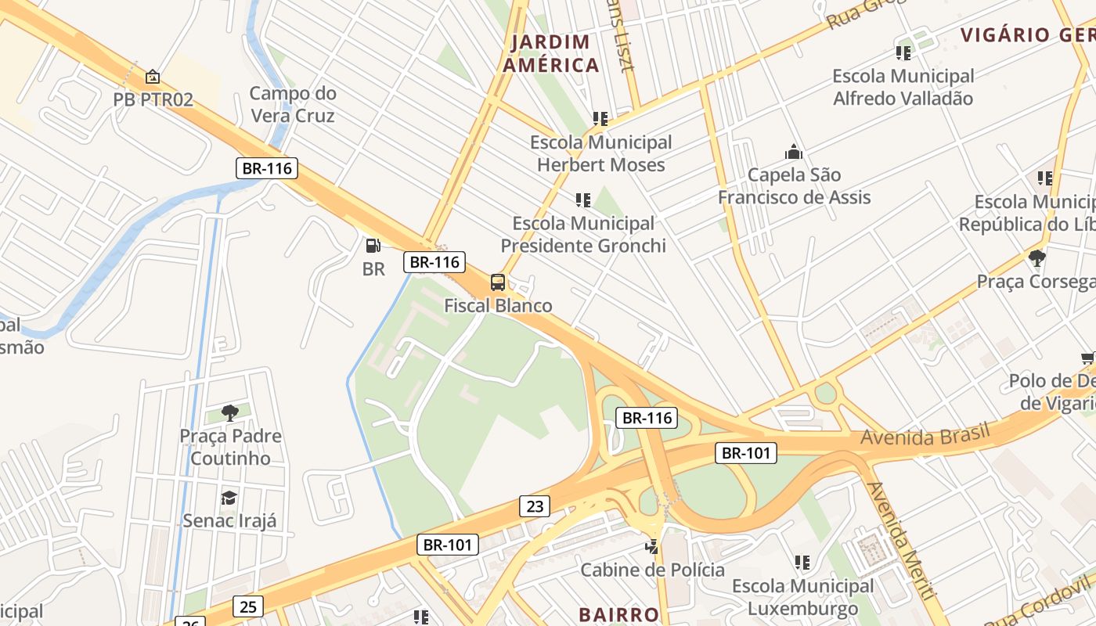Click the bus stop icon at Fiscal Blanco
(497, 282)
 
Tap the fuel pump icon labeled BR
(373, 246)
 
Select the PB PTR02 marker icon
(153, 77)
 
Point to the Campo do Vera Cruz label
(292, 105)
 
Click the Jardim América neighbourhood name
(551, 54)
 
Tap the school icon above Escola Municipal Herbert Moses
(600, 119)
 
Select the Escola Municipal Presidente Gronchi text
(583, 235)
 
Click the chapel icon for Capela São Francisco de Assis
(794, 152)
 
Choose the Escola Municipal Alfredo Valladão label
(903, 88)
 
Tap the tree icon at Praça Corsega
(1037, 257)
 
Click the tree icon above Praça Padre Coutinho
(229, 412)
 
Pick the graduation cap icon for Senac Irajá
(229, 498)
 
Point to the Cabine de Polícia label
(652, 570)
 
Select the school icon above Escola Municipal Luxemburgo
(802, 563)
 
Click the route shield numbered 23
(535, 506)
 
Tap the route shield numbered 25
(248, 606)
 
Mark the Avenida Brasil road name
(925, 435)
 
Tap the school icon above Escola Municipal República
(1045, 178)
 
